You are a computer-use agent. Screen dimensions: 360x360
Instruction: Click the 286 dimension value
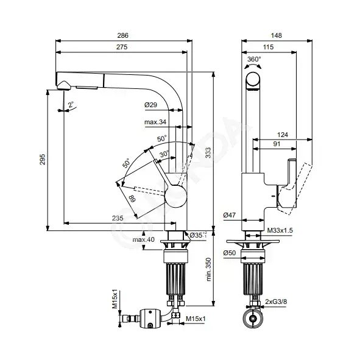pos(122,35)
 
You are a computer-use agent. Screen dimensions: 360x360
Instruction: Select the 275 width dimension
pos(122,47)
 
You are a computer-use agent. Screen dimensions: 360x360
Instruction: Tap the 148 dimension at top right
pos(276,35)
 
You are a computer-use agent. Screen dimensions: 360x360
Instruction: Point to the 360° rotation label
pos(254,59)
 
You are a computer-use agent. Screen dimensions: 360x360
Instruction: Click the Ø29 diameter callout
pos(150,105)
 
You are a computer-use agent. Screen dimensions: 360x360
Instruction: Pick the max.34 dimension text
pos(155,122)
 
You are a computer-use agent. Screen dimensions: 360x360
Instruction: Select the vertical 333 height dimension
pos(208,153)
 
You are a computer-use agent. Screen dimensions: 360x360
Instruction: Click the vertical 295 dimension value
pos(43,160)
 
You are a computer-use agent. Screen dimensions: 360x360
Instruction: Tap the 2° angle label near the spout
pos(71,105)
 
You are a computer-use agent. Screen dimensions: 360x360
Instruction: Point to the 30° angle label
pos(164,154)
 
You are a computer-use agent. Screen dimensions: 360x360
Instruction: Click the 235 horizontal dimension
pos(118,218)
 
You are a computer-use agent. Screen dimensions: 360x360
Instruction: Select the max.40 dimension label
pos(144,239)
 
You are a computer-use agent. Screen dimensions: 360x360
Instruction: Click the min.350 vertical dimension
pos(208,269)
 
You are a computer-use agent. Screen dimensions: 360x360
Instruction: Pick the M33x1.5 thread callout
pos(280,230)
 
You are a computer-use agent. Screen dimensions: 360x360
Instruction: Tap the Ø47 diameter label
pos(230,215)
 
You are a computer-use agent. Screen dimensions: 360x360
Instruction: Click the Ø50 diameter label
pos(230,253)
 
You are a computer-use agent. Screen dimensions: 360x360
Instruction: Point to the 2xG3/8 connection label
pos(276,302)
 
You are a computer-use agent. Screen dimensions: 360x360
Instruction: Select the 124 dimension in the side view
pos(283,135)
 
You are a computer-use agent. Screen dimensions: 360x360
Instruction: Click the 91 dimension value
pos(277,144)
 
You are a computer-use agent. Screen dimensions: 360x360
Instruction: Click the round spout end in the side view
pos(253,80)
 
